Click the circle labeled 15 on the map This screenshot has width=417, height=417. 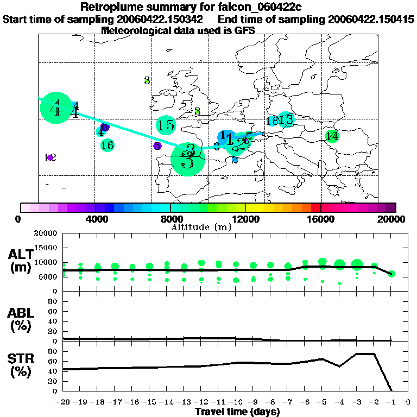click(x=166, y=125)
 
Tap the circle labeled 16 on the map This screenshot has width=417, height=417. click(x=107, y=145)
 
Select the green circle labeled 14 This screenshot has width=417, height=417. click(x=332, y=136)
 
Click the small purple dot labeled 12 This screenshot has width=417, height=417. click(x=50, y=157)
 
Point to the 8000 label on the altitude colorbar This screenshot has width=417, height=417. click(x=170, y=219)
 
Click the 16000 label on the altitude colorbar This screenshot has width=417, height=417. click(x=321, y=219)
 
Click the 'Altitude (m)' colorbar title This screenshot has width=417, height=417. click(x=200, y=227)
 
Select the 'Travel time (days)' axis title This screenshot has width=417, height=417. click(x=237, y=412)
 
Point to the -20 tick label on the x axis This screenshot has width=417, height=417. click(x=63, y=402)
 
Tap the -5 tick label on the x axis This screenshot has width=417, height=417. click(x=322, y=402)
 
